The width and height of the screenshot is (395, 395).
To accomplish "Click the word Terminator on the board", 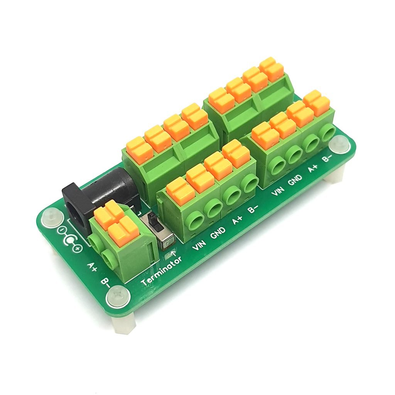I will coord(161,272).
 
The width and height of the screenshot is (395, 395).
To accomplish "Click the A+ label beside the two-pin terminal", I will coord(92,267).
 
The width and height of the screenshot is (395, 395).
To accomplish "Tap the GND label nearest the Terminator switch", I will coord(218,234).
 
